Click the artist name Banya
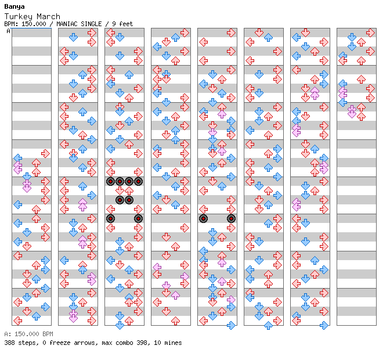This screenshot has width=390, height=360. coord(15,6)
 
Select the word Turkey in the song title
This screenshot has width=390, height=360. coord(19,16)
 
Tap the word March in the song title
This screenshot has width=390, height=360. coord(49,16)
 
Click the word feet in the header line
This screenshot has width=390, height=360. coord(126,24)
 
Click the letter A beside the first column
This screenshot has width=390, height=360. coord(9,31)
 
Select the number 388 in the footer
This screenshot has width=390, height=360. coord(9,343)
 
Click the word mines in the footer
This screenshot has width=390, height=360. coord(173,343)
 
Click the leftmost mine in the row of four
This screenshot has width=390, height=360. coord(110,182)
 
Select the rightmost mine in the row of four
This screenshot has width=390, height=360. coord(138,182)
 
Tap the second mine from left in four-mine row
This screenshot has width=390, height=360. coord(120,182)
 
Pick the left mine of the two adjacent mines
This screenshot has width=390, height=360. coord(120,200)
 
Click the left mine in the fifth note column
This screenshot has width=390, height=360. coord(204,219)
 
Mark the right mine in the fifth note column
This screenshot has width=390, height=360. coord(231,219)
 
